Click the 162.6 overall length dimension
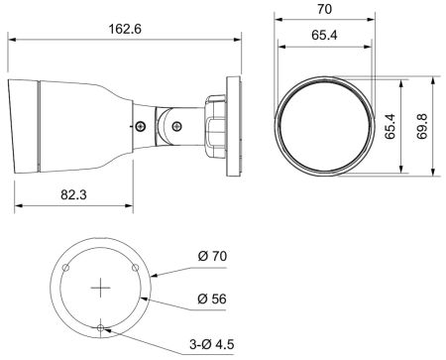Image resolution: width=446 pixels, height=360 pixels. [x=126, y=29]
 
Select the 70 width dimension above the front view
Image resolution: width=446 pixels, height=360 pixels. [x=322, y=10]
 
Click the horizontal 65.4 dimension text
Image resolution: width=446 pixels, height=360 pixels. [x=322, y=36]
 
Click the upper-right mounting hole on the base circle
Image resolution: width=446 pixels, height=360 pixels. [x=137, y=269]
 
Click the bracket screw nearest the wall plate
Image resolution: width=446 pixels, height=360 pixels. [x=177, y=126]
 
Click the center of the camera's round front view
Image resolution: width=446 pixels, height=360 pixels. [x=322, y=125]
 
